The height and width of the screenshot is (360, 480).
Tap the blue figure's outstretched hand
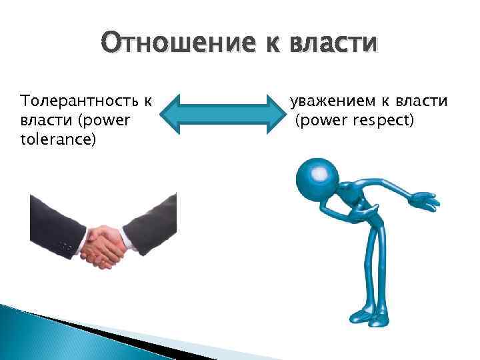[x=423, y=199]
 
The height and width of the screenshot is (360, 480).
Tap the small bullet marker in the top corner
[x=7, y=7]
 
